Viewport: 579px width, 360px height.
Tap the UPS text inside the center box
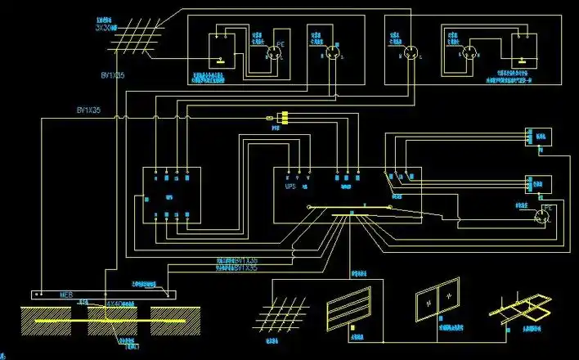pyautogui.click(x=289, y=187)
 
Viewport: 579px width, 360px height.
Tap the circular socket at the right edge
pyautogui.click(x=541, y=217)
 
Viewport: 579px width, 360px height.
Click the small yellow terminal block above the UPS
pyautogui.click(x=283, y=119)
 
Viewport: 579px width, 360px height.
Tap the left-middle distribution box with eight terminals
pyautogui.click(x=171, y=195)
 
